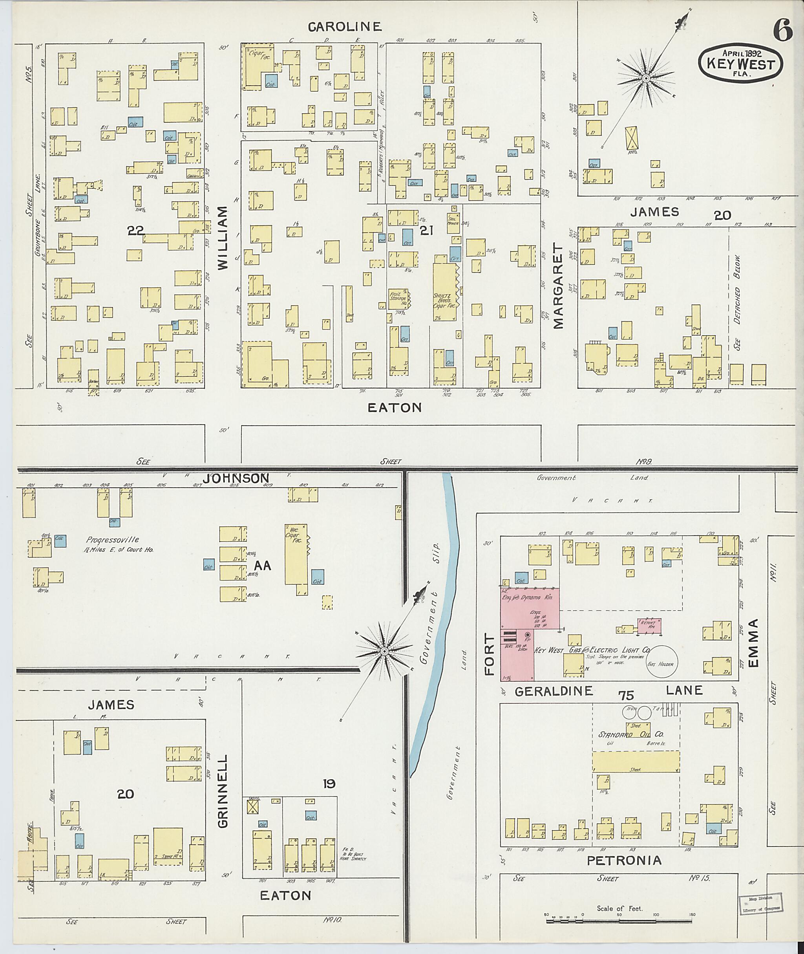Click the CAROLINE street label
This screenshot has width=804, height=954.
click(x=345, y=27)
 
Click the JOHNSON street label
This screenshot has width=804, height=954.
click(x=235, y=478)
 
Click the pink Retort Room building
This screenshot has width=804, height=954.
click(x=649, y=626)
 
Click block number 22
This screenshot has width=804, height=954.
click(x=136, y=231)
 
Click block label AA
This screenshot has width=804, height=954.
click(x=263, y=566)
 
